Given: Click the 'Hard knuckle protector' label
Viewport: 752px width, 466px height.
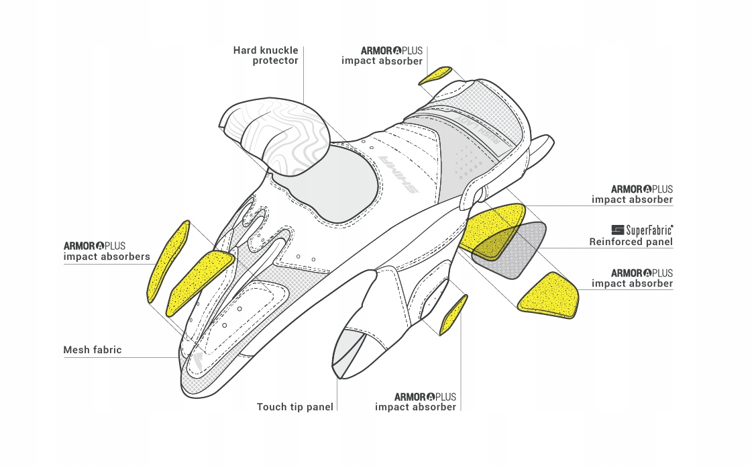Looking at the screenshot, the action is [266, 55].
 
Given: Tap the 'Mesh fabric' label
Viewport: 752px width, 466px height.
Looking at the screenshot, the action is [93, 350].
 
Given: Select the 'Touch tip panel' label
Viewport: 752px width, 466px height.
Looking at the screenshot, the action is [295, 407].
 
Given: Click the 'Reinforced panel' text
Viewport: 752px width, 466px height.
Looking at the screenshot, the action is [631, 242].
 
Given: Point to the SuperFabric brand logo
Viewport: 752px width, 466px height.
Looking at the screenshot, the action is [642, 230].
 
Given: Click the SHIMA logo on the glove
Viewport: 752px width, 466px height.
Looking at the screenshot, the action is [398, 173].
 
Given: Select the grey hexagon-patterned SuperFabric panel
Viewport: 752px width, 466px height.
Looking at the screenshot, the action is [509, 250].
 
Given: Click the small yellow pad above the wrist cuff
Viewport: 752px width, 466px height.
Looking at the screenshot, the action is [435, 75].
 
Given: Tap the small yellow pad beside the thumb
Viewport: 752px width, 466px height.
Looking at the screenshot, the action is [453, 315].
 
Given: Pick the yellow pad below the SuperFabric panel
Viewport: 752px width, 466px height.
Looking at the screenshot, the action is [548, 296].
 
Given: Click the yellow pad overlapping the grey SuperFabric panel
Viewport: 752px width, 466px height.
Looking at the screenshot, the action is [492, 230].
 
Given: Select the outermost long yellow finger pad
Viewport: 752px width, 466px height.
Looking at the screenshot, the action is [168, 262].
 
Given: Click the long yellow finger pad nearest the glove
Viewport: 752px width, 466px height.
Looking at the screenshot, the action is [199, 282].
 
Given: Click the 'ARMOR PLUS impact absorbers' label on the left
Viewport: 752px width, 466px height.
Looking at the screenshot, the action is [107, 252].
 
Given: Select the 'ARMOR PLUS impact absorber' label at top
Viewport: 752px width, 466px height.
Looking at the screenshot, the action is [382, 56].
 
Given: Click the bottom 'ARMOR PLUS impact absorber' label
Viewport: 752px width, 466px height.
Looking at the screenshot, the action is [415, 402].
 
